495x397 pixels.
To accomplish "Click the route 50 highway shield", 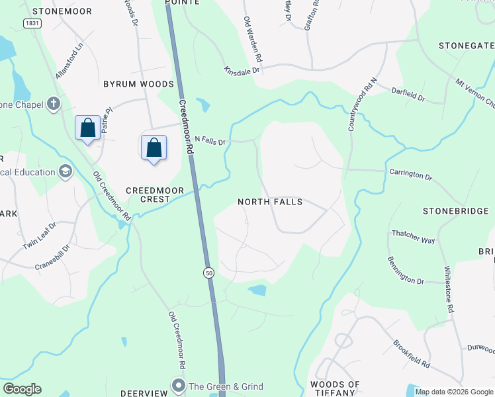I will [x=208, y=273].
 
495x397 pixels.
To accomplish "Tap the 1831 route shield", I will [x=31, y=23].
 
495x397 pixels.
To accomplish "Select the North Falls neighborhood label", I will [x=271, y=202].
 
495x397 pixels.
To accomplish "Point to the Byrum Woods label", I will [x=138, y=84].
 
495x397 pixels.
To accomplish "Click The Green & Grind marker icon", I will [x=178, y=386].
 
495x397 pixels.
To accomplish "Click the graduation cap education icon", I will [x=65, y=172].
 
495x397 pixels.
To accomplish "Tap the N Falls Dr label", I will [x=210, y=140].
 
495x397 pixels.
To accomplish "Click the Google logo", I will [x=22, y=389].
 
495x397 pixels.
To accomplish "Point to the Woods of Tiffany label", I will [x=335, y=388].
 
